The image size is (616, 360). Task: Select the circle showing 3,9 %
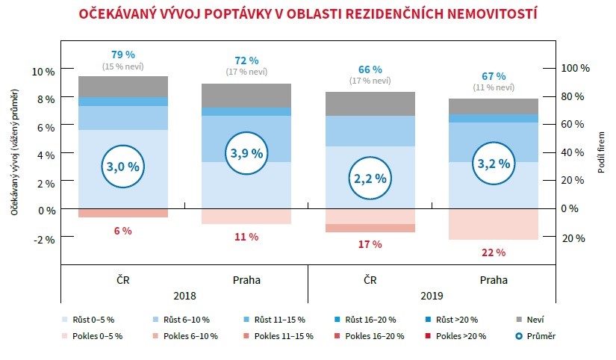[x=246, y=153]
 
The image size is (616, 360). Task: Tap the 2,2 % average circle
[x=370, y=178]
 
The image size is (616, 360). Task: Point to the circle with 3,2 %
[x=494, y=164]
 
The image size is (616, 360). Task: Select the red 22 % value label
[x=494, y=252]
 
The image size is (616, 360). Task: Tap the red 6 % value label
[x=122, y=231]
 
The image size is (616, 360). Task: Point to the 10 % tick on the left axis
[x=44, y=71]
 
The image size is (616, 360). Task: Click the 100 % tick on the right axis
[x=575, y=67]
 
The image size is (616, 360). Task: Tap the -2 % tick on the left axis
[x=44, y=240]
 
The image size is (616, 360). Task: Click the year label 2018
[x=184, y=295]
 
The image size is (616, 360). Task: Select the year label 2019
[x=432, y=295]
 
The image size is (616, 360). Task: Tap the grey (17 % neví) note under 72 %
[x=246, y=72]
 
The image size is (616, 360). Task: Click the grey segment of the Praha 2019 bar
[x=494, y=106]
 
